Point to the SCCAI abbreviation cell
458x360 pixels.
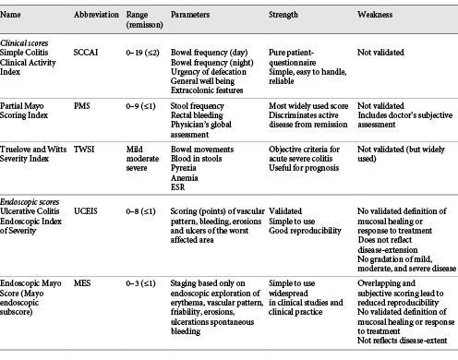pyautogui.click(x=88, y=55)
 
